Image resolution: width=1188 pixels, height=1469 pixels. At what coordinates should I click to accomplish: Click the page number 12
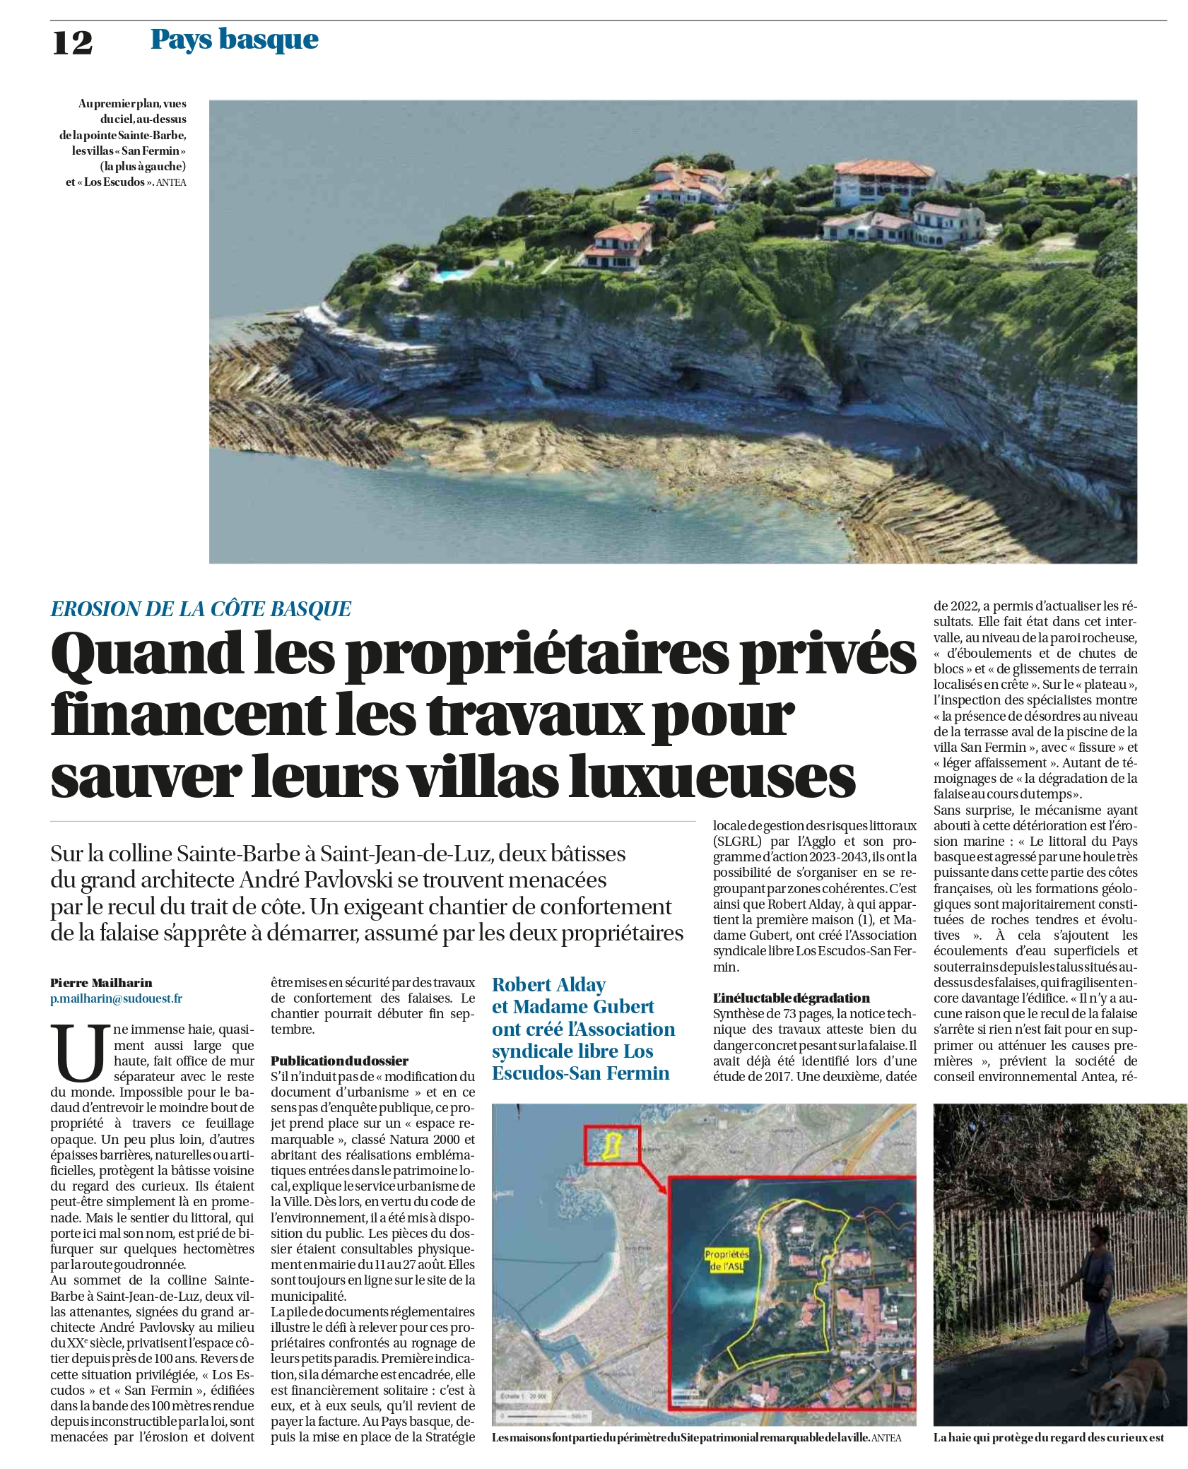tap(72, 42)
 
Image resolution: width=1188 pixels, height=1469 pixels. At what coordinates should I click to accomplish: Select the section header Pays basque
tap(234, 40)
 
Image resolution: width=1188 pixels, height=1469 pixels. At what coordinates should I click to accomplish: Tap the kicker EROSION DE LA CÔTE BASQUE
tap(201, 608)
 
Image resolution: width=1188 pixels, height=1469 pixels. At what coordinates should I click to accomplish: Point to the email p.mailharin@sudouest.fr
tap(116, 998)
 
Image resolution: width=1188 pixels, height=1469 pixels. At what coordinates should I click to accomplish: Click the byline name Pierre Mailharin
tap(101, 982)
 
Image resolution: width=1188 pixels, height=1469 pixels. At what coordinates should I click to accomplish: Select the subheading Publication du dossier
tap(339, 1061)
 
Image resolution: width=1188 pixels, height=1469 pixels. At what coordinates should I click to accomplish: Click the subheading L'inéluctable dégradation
tap(791, 998)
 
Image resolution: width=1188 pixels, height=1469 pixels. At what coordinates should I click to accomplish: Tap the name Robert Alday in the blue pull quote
tap(548, 984)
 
